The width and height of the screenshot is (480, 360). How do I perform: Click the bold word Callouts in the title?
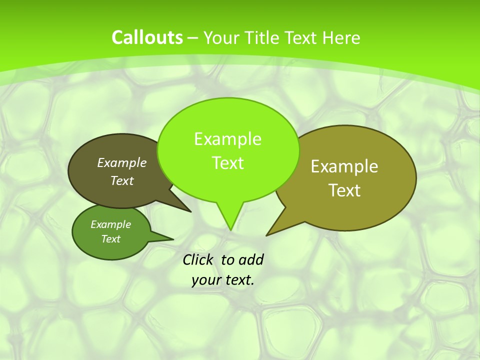147,37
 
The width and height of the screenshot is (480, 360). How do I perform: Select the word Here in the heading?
341,38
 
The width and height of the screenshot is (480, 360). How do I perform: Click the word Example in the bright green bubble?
227,139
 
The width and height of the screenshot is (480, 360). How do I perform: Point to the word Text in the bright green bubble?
227,163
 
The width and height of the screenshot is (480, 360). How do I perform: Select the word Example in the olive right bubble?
344,166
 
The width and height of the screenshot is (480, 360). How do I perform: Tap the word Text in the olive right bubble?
344,190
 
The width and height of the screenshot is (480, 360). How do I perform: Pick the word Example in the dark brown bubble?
122,162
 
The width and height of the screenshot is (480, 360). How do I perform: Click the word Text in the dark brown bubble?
122,180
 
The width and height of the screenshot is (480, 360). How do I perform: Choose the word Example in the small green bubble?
110,224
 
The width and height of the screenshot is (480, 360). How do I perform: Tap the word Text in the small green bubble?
110,239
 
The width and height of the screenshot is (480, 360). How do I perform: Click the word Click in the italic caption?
198,259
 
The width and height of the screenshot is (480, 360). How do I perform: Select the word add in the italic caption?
251,259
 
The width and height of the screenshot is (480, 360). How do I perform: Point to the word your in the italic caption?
205,280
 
